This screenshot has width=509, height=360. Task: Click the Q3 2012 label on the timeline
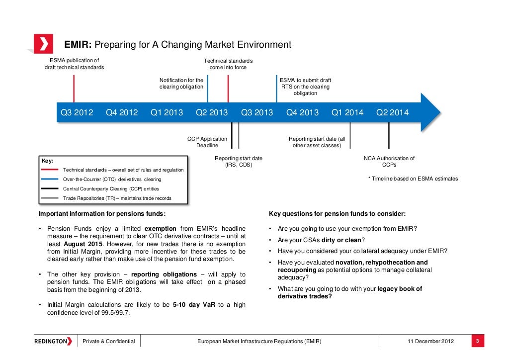[x=77, y=112]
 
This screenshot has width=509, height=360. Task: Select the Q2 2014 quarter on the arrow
[x=392, y=112]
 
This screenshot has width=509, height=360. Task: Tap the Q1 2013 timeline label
[x=167, y=112]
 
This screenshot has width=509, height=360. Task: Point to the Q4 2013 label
[x=302, y=112]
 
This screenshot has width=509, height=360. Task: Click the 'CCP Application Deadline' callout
[x=207, y=142]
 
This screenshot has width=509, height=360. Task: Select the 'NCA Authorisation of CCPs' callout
[x=389, y=162]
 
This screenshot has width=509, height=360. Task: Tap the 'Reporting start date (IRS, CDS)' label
[x=238, y=162]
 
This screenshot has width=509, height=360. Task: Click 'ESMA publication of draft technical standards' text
[x=74, y=64]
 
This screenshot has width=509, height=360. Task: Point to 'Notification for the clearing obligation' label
[x=181, y=83]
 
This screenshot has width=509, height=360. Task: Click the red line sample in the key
[x=50, y=170]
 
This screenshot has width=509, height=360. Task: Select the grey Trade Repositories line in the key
[x=50, y=198]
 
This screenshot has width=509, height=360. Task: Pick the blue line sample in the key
[x=50, y=180]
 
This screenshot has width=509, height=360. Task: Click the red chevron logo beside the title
[x=43, y=44]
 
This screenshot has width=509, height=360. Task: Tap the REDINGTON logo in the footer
[x=53, y=341]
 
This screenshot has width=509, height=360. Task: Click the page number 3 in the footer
[x=477, y=341]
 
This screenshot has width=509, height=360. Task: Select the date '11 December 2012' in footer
[x=430, y=341]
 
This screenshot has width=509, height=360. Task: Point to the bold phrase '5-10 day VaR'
[x=194, y=305]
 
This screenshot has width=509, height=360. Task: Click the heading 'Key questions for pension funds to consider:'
[x=337, y=214]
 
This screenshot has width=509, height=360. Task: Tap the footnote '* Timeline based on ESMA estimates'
[x=413, y=179]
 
